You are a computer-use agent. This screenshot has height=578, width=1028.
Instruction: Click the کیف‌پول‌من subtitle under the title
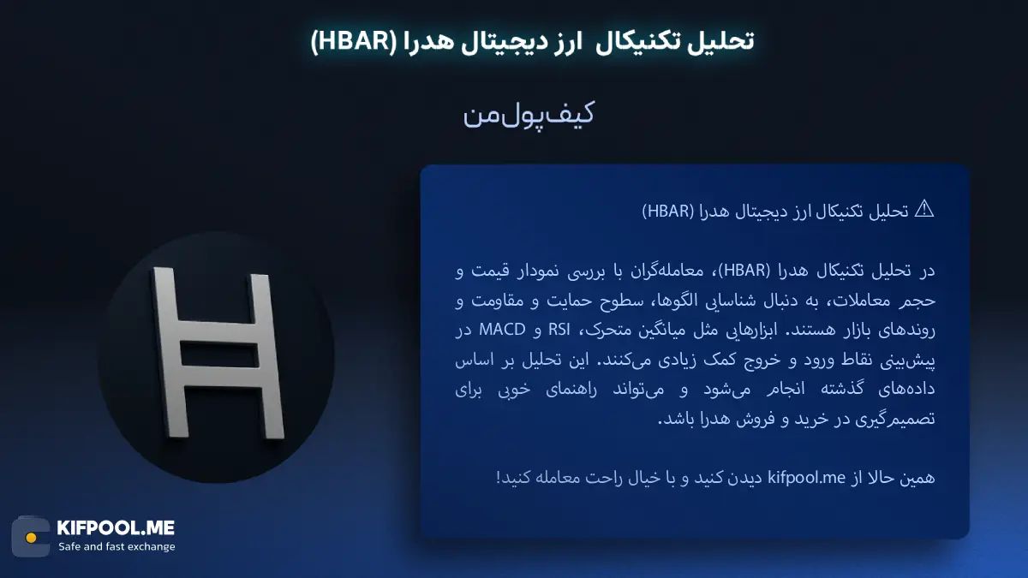click(x=529, y=116)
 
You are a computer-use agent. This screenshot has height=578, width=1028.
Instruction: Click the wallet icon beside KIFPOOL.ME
click(x=30, y=537)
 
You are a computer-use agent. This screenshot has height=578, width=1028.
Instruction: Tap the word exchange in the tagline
click(x=147, y=547)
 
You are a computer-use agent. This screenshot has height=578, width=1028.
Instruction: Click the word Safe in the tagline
click(x=72, y=547)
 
